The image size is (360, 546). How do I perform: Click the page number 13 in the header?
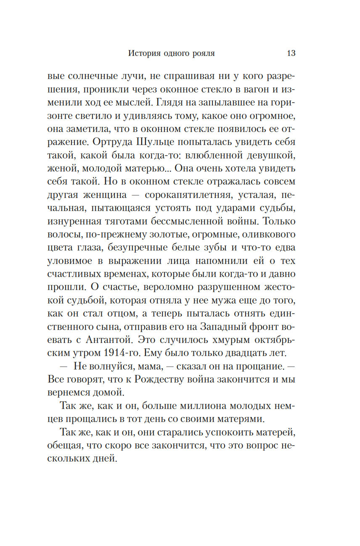pyautogui.click(x=291, y=53)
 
